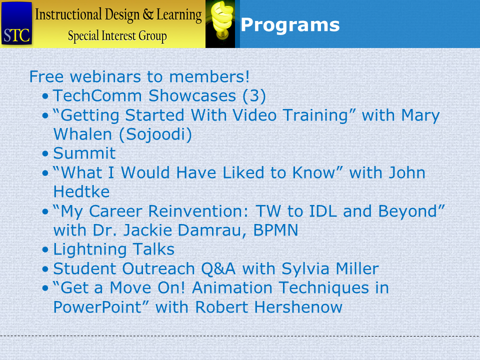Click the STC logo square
[x=16, y=23]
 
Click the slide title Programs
[x=290, y=25]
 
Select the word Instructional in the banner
[x=68, y=14]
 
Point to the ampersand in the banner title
[x=148, y=14]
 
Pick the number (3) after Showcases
[x=254, y=96]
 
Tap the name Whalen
[x=82, y=134]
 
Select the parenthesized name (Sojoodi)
[x=155, y=134]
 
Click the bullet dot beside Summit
[x=45, y=153]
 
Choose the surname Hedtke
[x=81, y=191]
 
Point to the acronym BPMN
[x=275, y=230]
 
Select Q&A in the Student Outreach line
[x=218, y=269]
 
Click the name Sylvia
[x=305, y=269]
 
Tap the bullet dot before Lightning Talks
[x=45, y=250]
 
